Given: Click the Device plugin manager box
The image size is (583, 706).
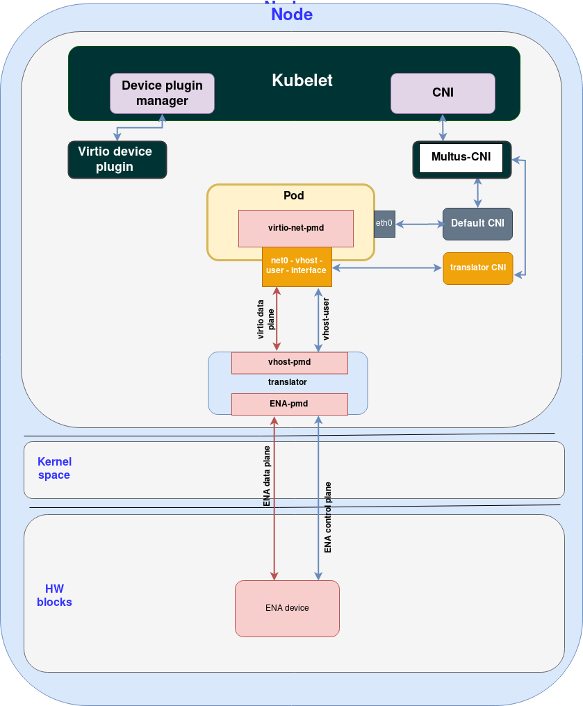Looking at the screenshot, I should click(162, 93).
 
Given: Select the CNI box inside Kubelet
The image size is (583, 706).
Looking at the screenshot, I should click(443, 93).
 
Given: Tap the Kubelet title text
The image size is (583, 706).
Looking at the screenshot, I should click(302, 81).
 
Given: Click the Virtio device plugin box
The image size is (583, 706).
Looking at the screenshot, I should click(117, 159).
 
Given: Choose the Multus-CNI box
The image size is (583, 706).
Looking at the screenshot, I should click(461, 158).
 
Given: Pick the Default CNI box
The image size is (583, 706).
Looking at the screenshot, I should click(477, 224).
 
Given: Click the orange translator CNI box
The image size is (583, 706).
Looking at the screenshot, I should click(477, 268).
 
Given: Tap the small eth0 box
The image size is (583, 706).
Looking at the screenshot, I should click(384, 224).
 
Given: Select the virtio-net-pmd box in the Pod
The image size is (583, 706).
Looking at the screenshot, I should click(295, 228).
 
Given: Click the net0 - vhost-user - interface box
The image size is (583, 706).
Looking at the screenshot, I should click(297, 266).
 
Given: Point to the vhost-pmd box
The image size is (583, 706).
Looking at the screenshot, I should click(289, 363).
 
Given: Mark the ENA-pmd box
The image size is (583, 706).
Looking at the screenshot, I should click(289, 404).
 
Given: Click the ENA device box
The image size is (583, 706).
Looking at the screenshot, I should click(287, 608).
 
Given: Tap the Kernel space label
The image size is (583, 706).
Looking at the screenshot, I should click(54, 468).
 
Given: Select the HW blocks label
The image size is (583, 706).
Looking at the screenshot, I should click(54, 596).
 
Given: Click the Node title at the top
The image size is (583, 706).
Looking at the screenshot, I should click(291, 15).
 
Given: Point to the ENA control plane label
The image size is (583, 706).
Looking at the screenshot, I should click(328, 518).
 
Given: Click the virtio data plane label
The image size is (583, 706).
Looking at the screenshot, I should click(265, 319).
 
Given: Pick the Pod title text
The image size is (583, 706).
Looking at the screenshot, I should click(293, 196).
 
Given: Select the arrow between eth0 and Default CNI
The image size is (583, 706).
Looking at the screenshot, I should click(419, 224).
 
